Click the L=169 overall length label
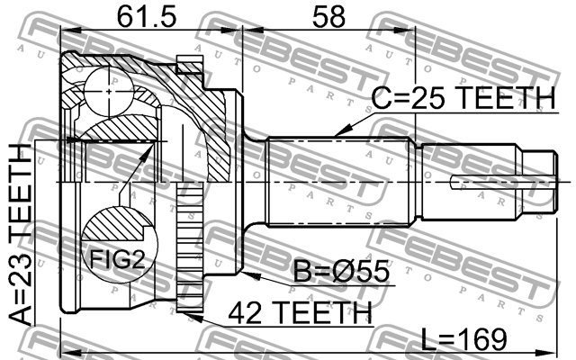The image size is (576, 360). [x=466, y=339]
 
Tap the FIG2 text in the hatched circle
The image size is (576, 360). [x=115, y=261]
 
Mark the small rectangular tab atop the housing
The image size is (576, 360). [x=188, y=63]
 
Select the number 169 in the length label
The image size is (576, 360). [x=485, y=339]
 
